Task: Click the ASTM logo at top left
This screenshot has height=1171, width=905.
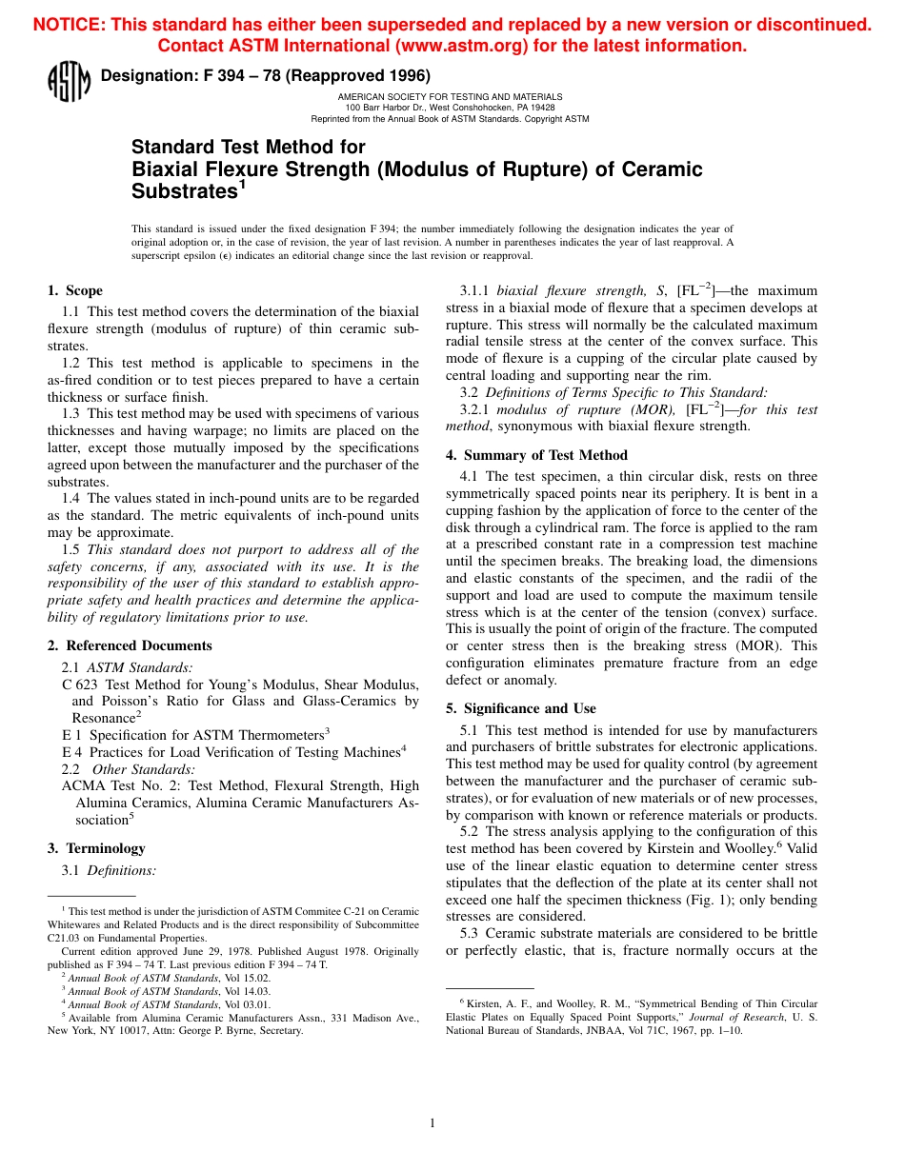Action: point(68,81)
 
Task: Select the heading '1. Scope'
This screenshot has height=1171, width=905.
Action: point(75,290)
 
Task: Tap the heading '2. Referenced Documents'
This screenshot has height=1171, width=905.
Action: point(130,645)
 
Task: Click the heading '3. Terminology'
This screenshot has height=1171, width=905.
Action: point(96,848)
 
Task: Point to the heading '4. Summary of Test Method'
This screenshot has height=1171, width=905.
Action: point(536,454)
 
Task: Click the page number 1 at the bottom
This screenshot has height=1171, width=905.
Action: point(432,1123)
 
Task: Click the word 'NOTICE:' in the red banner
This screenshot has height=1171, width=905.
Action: point(69,25)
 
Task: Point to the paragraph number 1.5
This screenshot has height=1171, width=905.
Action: point(72,549)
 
